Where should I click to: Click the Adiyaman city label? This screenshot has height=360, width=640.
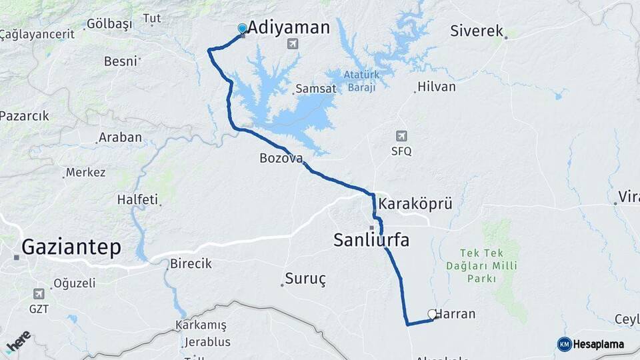289,27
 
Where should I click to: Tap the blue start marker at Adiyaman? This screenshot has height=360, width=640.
242,29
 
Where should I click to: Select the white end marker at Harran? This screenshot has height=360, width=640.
431,313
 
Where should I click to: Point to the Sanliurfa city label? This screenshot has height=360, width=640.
371,240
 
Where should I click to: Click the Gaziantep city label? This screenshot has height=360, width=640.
71,247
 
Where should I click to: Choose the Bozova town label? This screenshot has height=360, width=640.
281,159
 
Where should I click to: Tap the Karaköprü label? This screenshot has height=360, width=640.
415,203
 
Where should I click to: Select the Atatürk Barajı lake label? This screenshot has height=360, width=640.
361,81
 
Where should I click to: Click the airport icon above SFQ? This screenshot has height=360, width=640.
401,136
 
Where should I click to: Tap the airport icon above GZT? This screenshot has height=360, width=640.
39,293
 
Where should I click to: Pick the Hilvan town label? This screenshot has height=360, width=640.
436,87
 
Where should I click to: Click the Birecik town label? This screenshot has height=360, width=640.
191,263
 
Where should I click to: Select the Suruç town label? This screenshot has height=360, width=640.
305,279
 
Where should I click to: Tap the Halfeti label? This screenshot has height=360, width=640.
137,199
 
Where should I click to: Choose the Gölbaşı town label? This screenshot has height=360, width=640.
109,24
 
